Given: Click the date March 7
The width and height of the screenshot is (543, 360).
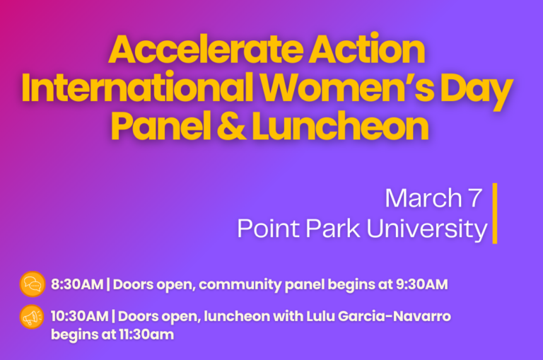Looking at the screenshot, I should pos(433,198).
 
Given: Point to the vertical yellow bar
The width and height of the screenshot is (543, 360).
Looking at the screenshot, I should pos(495,213).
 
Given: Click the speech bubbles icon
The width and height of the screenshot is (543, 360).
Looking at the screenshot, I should pos(32,284).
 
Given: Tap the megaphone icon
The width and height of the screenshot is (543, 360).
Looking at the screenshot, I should pos(32,316).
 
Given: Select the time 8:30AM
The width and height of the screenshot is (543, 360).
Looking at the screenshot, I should pos(77,285).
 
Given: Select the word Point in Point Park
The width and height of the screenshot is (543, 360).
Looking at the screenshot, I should pos(264,228).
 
